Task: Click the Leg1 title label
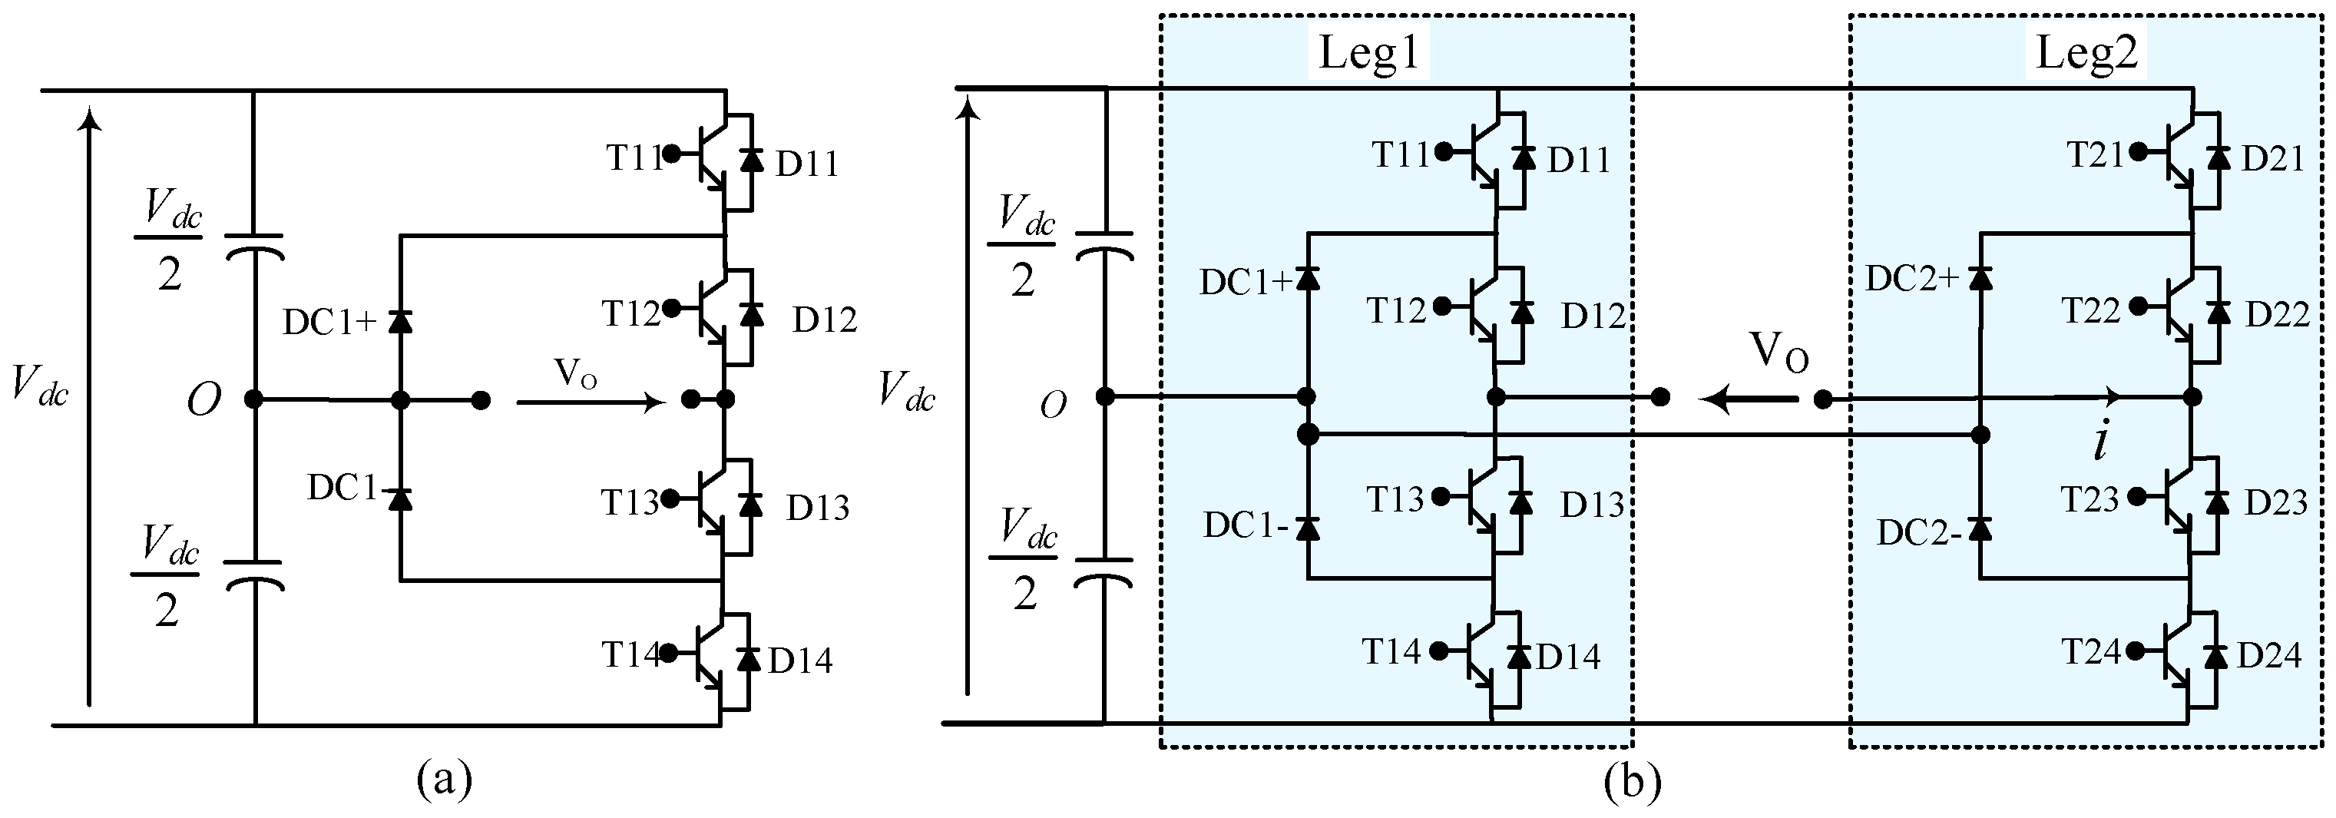(1369, 52)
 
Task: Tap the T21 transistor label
(2096, 155)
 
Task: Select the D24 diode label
(2269, 654)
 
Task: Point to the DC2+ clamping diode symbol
(1980, 276)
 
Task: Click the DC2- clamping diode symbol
(1980, 527)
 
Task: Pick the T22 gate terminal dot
(2137, 306)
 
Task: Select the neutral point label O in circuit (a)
(203, 399)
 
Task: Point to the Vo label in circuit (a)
(575, 373)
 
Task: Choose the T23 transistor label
(2090, 498)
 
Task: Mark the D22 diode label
(2276, 315)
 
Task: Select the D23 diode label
(2275, 502)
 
